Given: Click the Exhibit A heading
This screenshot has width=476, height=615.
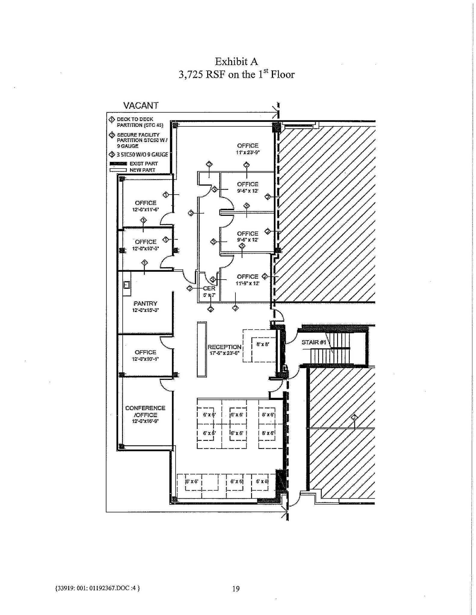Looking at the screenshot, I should (x=236, y=62).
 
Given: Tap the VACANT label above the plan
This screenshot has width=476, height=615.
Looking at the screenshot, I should (x=141, y=105).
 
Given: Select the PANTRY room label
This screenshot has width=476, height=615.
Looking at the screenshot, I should (x=146, y=304).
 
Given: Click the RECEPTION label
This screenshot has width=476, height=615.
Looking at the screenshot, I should (x=224, y=347).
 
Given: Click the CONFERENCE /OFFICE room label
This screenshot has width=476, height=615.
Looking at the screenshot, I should (x=145, y=411).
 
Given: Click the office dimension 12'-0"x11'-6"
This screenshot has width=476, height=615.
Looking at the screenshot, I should (x=146, y=210).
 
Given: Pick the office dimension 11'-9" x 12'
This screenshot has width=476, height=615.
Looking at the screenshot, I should (x=247, y=283).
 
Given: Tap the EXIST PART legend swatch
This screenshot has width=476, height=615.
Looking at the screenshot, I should (x=118, y=164).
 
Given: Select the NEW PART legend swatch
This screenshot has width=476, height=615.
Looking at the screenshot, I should (x=118, y=170).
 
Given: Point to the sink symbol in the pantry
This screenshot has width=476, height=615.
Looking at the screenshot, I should (x=126, y=283).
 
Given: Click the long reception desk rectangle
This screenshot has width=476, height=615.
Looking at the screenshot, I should (x=202, y=349).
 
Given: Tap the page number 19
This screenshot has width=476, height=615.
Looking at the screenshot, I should (x=236, y=589).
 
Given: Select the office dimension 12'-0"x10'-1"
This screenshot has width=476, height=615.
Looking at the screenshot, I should (x=146, y=359).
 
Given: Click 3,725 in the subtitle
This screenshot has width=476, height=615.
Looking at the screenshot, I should (x=191, y=74).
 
